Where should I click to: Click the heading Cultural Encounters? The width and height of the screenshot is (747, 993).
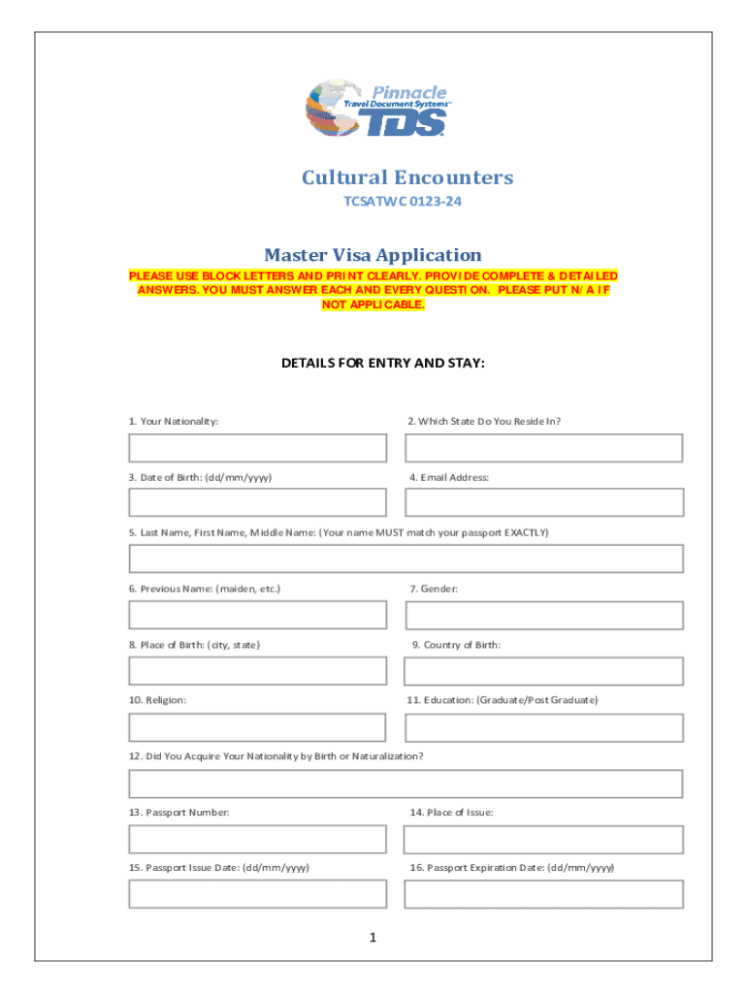[407, 177]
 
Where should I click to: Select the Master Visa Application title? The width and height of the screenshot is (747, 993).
[373, 255]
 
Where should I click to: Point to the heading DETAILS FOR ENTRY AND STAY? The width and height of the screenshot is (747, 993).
[382, 364]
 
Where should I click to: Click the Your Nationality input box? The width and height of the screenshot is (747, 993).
[257, 448]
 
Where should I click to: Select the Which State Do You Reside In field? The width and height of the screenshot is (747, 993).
[544, 448]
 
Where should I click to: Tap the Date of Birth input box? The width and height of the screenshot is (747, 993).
[257, 502]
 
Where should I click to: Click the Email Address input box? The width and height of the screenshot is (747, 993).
[544, 502]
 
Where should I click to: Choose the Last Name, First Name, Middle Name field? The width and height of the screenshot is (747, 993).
[406, 559]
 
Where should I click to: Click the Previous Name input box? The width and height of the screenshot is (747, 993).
[257, 615]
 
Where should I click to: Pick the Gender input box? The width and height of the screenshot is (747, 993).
[544, 615]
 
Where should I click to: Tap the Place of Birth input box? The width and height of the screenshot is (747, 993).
[257, 671]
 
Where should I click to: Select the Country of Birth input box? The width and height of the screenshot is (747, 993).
[544, 671]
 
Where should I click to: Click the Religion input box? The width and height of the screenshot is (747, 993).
[257, 727]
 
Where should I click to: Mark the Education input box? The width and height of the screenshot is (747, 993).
[544, 727]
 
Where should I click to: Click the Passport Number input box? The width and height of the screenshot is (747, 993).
[257, 839]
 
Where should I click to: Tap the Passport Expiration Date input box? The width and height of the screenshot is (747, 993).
[544, 894]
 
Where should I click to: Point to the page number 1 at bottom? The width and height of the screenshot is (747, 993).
[373, 938]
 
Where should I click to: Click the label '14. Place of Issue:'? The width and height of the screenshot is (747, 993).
[451, 812]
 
